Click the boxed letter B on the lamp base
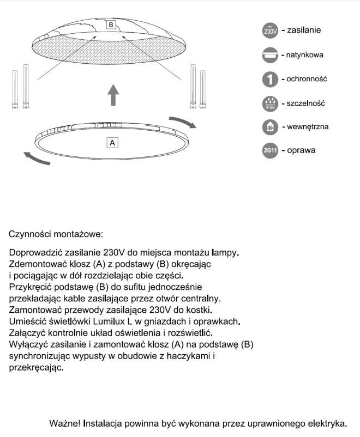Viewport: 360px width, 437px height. point(111,25)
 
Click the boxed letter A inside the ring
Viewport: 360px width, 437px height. point(112,142)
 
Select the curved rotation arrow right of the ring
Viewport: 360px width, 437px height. point(182,122)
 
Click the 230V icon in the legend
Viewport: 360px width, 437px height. point(271,31)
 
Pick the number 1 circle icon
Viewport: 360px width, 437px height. point(271,80)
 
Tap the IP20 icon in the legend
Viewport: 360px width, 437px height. point(271,104)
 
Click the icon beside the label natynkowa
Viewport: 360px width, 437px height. point(271,55)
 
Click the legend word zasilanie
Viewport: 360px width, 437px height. point(304,30)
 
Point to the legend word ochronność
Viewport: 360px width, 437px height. point(307,79)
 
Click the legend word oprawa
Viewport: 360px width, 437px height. point(301,150)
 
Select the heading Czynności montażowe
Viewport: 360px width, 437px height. point(56,234)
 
